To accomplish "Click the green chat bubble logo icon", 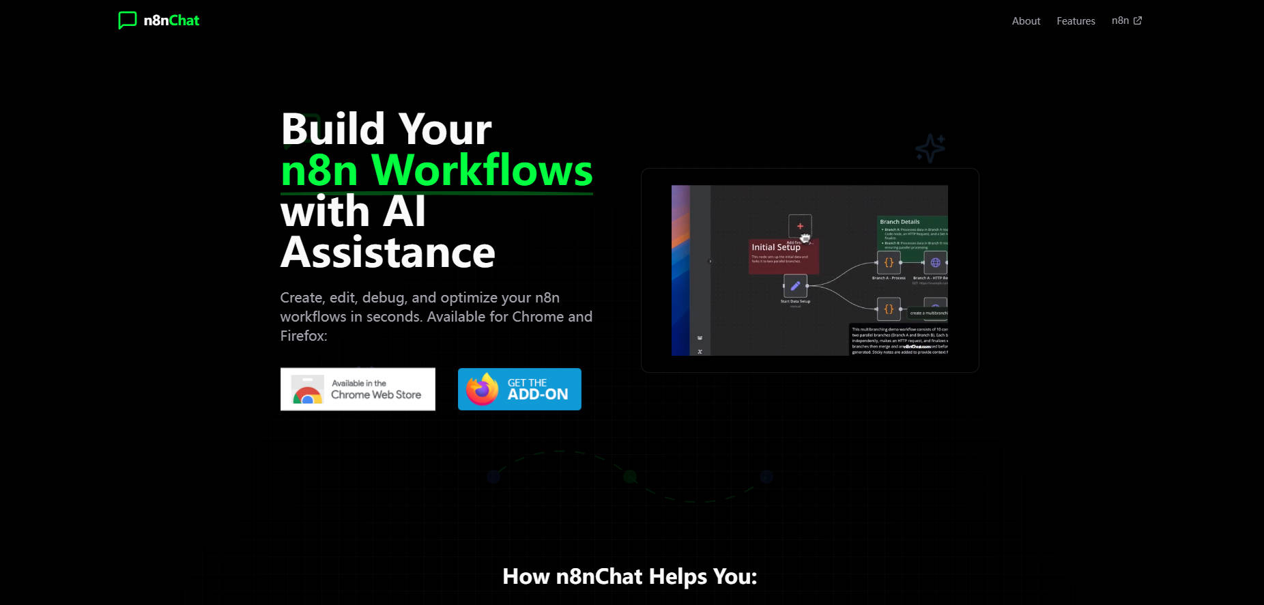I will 127,20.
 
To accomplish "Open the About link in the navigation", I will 1026,21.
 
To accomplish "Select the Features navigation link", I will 1076,21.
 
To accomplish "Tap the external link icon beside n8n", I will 1138,20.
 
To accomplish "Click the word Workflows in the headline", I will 483,170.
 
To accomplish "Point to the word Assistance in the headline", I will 388,253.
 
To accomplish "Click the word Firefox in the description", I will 303,336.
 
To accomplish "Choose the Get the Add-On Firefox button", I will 519,389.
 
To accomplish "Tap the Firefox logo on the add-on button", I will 482,389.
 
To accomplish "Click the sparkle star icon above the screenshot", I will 930,147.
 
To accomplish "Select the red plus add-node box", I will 800,226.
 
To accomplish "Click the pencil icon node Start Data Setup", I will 795,286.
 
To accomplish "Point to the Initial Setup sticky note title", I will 776,247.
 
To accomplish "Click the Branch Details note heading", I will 900,222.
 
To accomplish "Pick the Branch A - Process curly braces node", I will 889,263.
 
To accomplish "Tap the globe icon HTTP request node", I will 935,263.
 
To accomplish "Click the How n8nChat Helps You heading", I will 629,577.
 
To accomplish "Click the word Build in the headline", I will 334,129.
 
